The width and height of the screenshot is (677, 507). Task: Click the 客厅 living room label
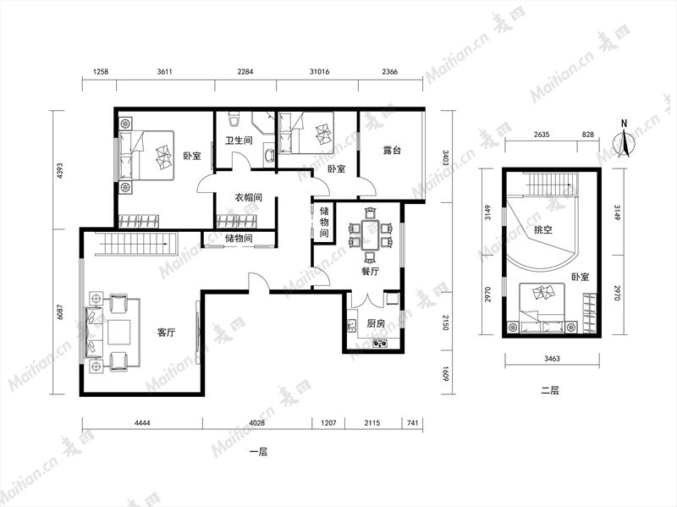[166, 333]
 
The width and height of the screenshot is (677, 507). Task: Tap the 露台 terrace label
[392, 151]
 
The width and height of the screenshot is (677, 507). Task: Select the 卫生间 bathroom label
[239, 141]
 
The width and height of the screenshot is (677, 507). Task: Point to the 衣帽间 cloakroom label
[248, 198]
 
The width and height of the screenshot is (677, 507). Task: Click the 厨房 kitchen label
[376, 323]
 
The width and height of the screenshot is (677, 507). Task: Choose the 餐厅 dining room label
[370, 272]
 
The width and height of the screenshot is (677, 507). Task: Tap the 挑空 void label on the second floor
[543, 229]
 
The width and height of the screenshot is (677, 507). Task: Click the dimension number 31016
[319, 72]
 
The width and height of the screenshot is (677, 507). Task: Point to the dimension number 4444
[142, 423]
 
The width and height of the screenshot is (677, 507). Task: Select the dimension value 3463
[552, 358]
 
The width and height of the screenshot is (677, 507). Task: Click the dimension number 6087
[60, 312]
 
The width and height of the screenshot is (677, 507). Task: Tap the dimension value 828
[587, 135]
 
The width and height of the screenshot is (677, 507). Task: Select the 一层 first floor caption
[259, 452]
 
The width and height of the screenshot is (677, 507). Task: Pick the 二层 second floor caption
[550, 390]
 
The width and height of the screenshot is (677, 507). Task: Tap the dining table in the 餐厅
[370, 235]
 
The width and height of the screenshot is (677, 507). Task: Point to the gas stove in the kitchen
[380, 344]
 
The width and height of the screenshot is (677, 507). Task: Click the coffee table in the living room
[118, 332]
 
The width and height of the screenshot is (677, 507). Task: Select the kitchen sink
[351, 325]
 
